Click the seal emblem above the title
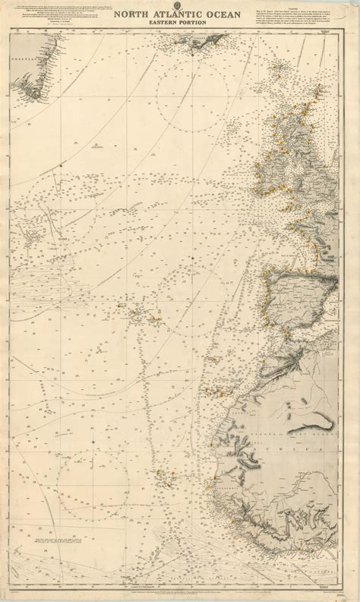click(180, 5)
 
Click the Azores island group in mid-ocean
click(141, 312)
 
